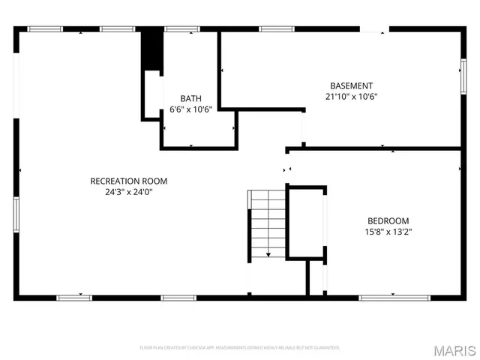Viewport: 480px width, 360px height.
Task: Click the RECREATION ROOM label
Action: coord(128,181)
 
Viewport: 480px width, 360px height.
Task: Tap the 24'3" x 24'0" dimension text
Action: coord(128,191)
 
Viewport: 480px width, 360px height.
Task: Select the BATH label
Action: coord(190,98)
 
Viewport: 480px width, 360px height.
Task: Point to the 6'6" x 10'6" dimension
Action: coord(190,109)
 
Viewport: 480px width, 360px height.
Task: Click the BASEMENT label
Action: coord(351,85)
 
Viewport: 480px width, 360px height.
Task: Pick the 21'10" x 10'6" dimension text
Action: coord(351,96)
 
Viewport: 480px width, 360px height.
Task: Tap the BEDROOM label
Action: coord(388,220)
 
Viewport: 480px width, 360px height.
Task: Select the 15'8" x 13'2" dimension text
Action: coord(388,231)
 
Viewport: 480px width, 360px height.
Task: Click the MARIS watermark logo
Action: coord(456,349)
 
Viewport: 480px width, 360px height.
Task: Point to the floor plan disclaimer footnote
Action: coord(240,348)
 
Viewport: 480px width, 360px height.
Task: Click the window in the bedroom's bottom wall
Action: coord(384,298)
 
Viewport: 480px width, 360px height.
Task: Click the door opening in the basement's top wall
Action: coord(373,30)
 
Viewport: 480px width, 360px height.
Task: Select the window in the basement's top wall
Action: coord(274,29)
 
